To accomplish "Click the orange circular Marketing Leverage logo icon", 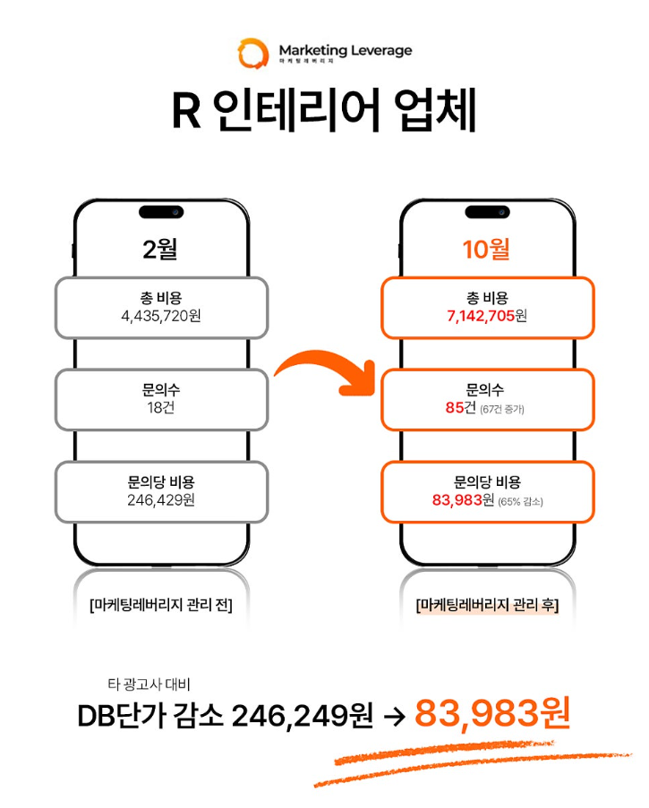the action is click(x=252, y=53).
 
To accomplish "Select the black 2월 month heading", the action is click(x=161, y=249).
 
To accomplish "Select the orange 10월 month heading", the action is click(x=486, y=249).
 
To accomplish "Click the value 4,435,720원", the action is click(x=161, y=315).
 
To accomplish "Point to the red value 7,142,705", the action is click(x=480, y=316).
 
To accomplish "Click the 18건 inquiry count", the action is click(x=161, y=408).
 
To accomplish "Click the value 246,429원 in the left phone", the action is click(x=161, y=500).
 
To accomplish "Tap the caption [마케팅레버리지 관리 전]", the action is click(x=161, y=606).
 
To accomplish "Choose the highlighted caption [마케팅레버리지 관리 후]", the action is click(x=488, y=606).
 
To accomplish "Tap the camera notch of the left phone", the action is click(x=161, y=212).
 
